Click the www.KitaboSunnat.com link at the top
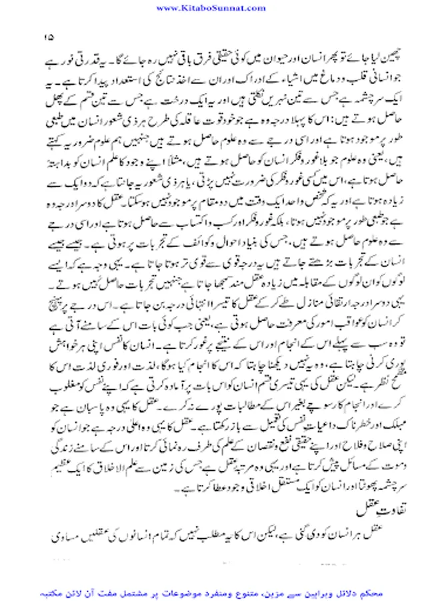[211, 7]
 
